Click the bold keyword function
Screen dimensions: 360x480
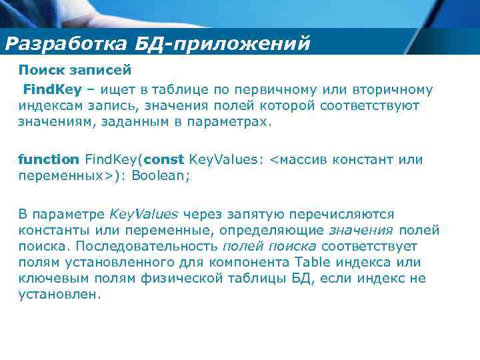click(48, 159)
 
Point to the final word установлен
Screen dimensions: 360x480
click(59, 294)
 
